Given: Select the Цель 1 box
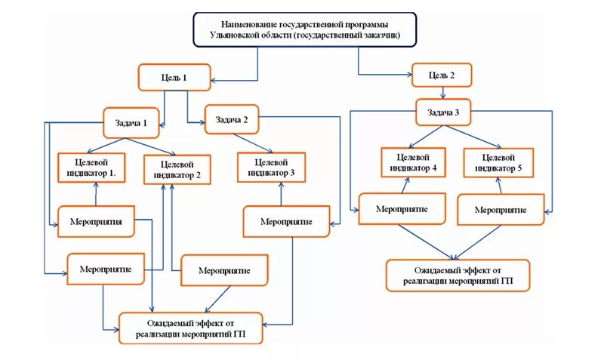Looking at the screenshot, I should point(174,78).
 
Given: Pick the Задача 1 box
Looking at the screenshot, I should point(131,122).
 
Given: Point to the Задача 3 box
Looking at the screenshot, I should point(443,113).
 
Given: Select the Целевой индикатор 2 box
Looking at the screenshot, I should point(177,169).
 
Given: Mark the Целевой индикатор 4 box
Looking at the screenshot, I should point(412,163).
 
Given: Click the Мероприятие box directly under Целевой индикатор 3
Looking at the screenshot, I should point(287,222).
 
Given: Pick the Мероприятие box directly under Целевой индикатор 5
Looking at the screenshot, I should point(500,210).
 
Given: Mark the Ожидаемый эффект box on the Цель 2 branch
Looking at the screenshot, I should point(458,275).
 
